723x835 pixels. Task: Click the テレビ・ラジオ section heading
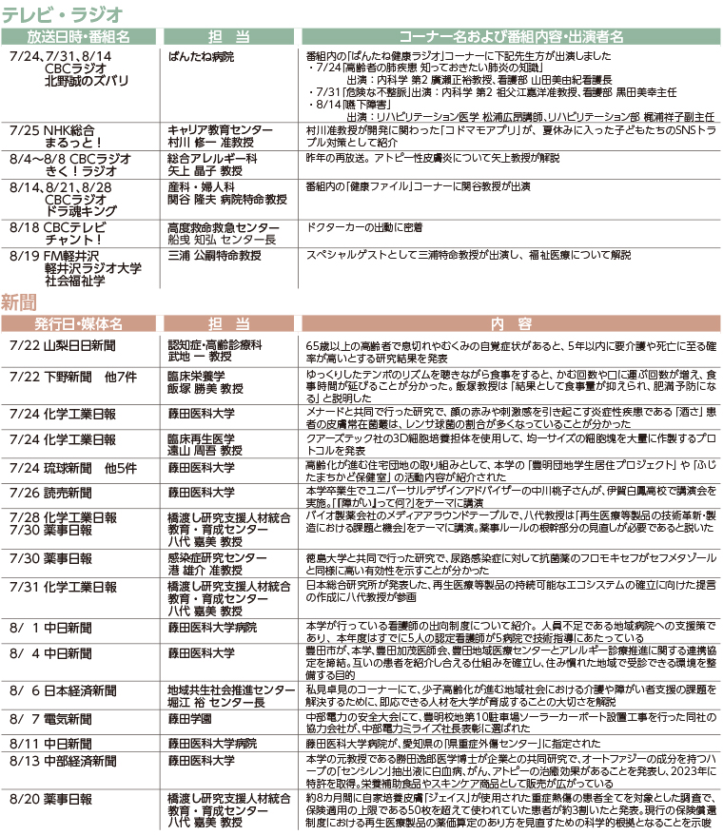pyautogui.click(x=62, y=13)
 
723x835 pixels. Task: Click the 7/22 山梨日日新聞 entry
pyautogui.click(x=64, y=344)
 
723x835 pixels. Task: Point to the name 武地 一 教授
pyautogui.click(x=199, y=356)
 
